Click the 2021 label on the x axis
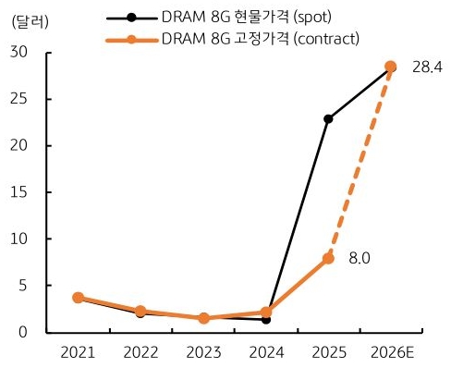(x=78, y=353)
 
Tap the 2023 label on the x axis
(x=202, y=353)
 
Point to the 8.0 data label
(x=360, y=259)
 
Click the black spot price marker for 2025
(x=328, y=119)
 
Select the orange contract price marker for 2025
(x=328, y=258)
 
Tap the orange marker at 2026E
(x=390, y=67)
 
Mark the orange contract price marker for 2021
(x=78, y=298)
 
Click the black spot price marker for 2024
(x=265, y=319)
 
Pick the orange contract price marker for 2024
(x=265, y=313)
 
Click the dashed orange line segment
(x=360, y=162)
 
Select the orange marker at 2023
(x=202, y=318)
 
